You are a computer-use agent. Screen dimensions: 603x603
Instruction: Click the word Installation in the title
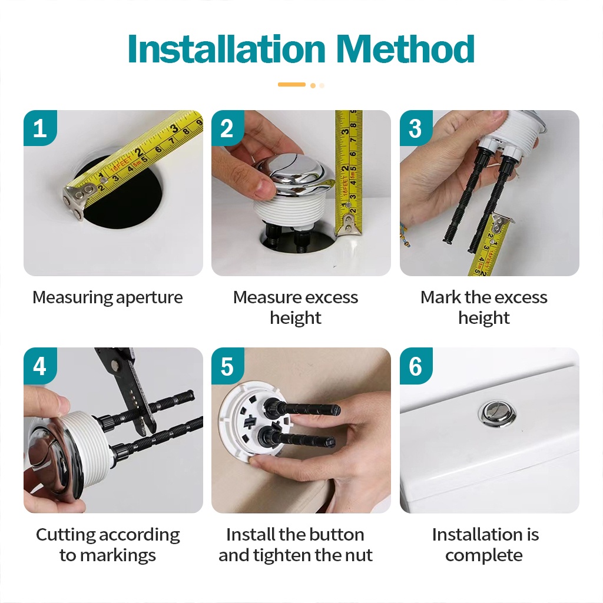pyautogui.click(x=227, y=49)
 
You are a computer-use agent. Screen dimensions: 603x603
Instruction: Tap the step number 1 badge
pyautogui.click(x=40, y=128)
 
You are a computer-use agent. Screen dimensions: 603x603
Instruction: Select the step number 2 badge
pyautogui.click(x=227, y=128)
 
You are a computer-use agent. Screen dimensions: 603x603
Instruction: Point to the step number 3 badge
pyautogui.click(x=416, y=128)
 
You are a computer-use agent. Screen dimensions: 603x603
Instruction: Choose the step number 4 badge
pyautogui.click(x=40, y=365)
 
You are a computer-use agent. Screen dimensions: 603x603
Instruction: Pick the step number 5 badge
pyautogui.click(x=227, y=365)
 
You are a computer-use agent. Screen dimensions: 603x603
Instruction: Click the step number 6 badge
pyautogui.click(x=416, y=365)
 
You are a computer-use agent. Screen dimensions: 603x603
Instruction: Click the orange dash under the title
pyautogui.click(x=292, y=85)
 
